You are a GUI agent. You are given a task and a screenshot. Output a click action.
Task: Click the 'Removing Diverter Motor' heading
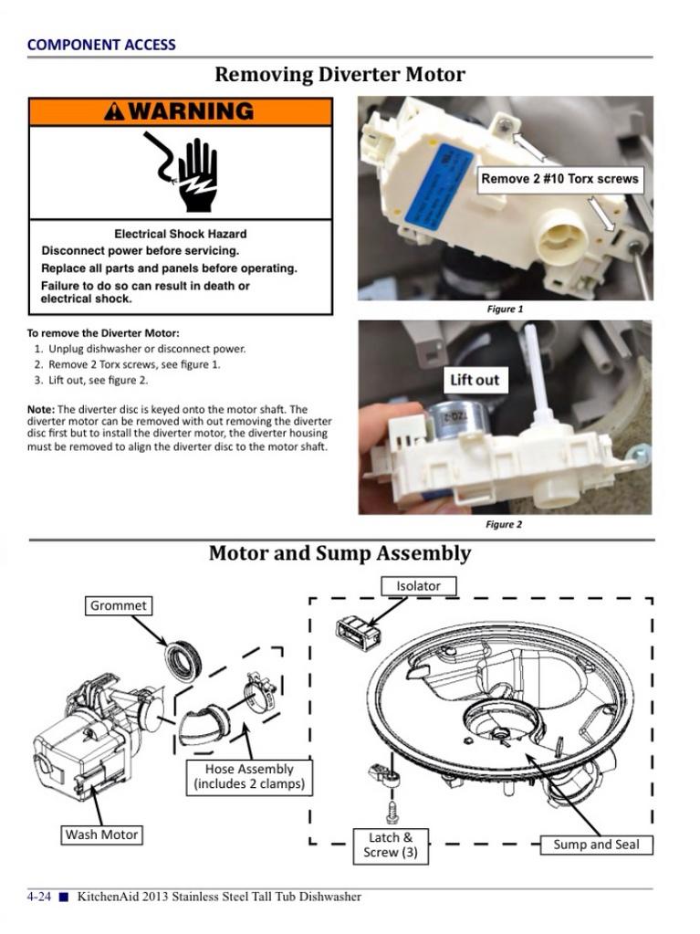[x=340, y=75]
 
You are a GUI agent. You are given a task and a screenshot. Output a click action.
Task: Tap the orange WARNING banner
[x=180, y=111]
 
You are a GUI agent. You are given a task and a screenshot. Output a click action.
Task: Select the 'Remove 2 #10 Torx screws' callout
[x=559, y=179]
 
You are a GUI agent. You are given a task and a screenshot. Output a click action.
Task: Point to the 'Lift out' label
[x=475, y=380]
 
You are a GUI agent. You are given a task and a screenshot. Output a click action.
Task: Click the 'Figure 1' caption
[x=504, y=309]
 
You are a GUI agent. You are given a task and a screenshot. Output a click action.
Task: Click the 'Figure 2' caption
[x=504, y=524]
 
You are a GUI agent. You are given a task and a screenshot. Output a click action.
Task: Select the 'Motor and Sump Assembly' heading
[x=340, y=553]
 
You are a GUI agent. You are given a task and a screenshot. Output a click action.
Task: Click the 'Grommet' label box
[x=119, y=604]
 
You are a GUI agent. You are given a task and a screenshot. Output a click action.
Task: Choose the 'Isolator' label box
[x=418, y=585]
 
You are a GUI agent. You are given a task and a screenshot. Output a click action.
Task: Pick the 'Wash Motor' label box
[x=101, y=834]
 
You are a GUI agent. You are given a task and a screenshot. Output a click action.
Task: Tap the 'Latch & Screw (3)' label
[x=390, y=845]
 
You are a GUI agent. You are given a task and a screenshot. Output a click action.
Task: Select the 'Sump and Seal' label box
[x=596, y=845]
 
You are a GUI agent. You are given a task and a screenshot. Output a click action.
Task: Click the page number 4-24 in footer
[x=38, y=897]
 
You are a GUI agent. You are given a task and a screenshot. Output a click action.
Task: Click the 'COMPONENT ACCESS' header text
[x=101, y=44]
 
